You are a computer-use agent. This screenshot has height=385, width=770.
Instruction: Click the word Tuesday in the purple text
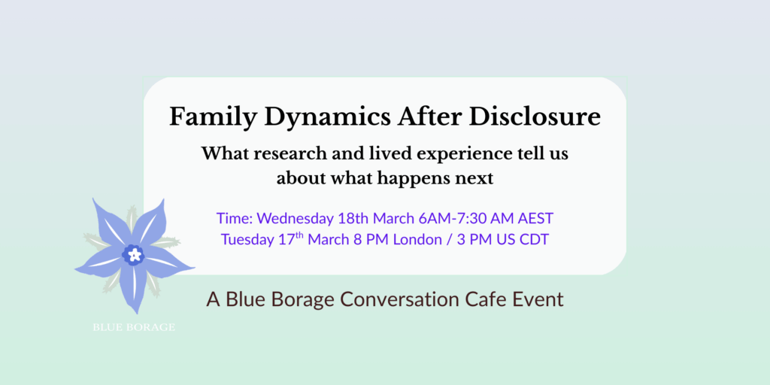tap(248, 240)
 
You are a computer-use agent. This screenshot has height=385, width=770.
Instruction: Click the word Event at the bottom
tap(538, 299)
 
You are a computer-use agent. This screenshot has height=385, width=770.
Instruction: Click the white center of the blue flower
tap(134, 255)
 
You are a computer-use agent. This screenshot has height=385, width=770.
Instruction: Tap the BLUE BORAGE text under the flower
tap(134, 327)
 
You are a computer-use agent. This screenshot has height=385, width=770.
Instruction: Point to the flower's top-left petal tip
tap(95, 202)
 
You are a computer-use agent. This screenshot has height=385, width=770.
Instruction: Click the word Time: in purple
tap(235, 219)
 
